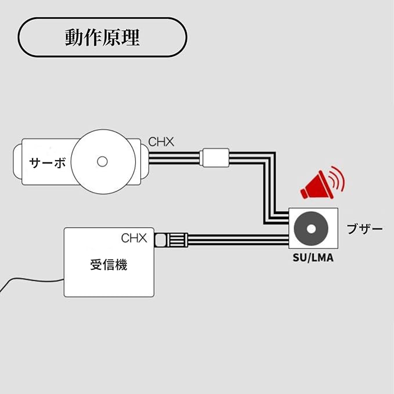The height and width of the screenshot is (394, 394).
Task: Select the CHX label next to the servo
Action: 161,142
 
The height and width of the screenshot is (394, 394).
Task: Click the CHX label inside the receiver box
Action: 135,238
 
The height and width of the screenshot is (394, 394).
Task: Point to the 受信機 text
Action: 109,266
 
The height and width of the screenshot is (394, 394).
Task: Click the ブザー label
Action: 364,229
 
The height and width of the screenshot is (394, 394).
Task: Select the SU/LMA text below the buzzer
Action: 313,258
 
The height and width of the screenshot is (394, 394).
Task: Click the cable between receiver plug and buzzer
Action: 238,240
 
